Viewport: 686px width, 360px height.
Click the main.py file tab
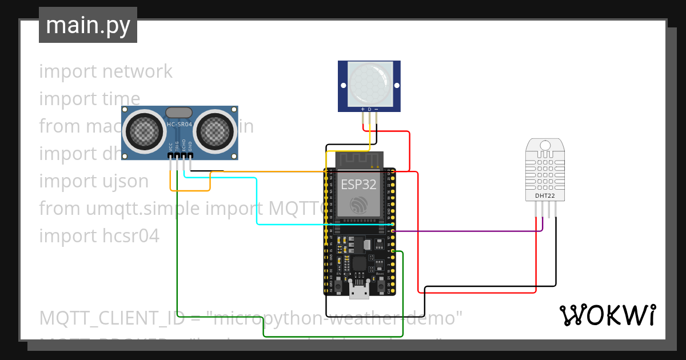coord(87,25)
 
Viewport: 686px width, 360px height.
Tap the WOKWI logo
coord(607,315)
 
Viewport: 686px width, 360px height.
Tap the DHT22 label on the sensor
coord(544,196)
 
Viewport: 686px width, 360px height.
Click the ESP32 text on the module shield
coord(358,184)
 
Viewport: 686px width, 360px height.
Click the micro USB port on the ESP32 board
coord(359,293)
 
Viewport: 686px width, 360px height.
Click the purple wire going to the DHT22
coord(469,231)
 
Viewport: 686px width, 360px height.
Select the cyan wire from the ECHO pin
coord(257,200)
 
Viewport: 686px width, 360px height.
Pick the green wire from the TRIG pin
coord(178,257)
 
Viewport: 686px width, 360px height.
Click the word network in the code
coord(137,71)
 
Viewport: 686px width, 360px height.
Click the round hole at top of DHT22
coord(544,145)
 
